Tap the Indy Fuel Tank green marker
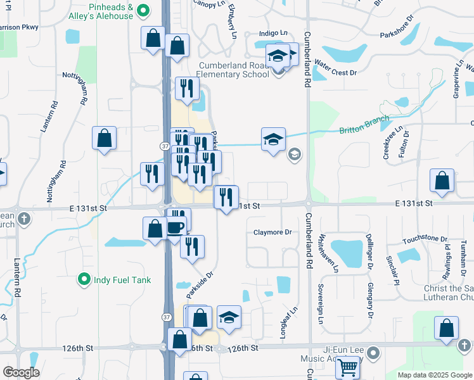83,279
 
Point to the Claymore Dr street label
272,232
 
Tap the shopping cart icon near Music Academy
347,366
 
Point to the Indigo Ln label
273,33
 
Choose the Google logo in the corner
21,372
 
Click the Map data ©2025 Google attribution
435,375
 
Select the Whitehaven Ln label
323,253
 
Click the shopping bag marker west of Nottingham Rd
104,137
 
